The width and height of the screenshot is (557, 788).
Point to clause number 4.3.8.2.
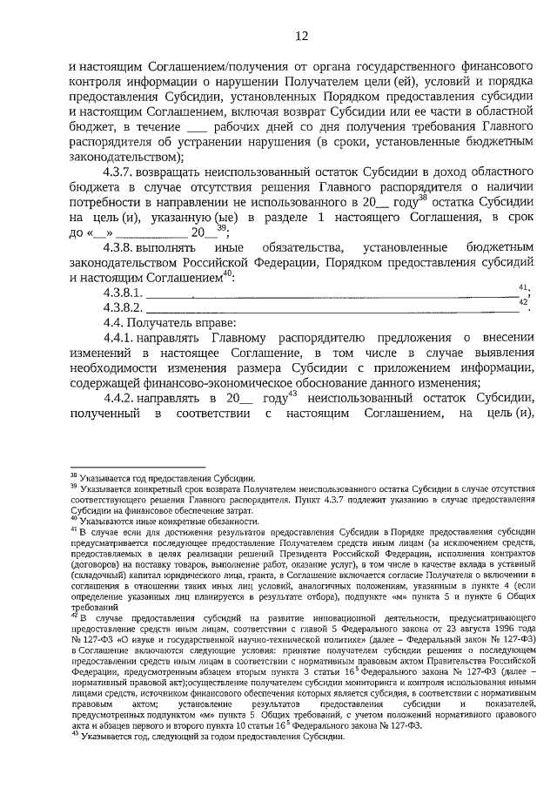pyautogui.click(x=125, y=306)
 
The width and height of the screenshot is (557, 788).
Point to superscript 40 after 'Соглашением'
pyautogui.click(x=229, y=272)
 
